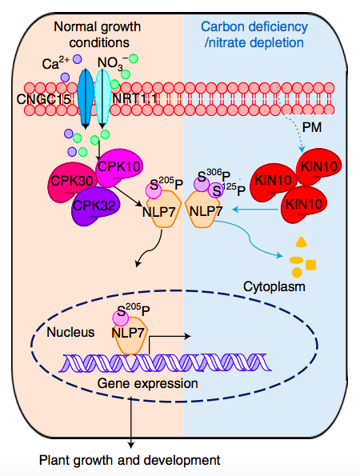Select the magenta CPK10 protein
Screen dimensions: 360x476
click(119, 167)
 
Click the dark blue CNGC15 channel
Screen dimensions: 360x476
click(86, 98)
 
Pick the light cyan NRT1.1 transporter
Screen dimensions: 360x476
click(102, 98)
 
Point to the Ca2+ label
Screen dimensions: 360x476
click(56, 62)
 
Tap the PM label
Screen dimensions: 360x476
click(312, 127)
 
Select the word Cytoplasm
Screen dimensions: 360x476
click(274, 287)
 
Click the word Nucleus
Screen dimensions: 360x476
click(70, 333)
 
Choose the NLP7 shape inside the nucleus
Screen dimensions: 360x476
click(130, 335)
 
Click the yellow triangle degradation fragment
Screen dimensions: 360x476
click(302, 242)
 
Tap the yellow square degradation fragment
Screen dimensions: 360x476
click(311, 265)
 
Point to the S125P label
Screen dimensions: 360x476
click(229, 190)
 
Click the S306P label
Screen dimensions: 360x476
click(214, 175)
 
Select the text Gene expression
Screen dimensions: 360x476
click(148, 383)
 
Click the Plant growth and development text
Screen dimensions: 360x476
click(130, 461)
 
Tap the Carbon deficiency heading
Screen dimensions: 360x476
click(254, 26)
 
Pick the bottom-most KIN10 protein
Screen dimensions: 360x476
click(304, 204)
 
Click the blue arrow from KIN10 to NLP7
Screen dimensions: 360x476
click(254, 209)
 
